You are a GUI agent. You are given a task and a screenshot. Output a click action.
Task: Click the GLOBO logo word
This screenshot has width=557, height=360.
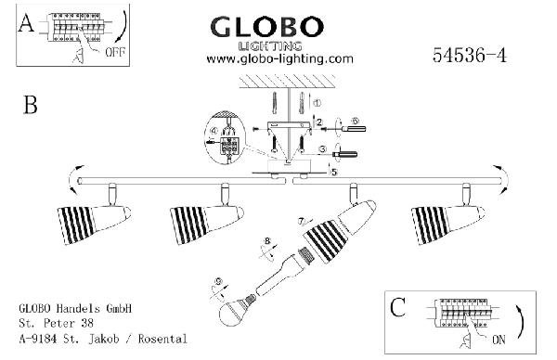point(267,27)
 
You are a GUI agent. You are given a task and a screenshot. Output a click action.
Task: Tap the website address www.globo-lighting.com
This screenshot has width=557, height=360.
point(280,58)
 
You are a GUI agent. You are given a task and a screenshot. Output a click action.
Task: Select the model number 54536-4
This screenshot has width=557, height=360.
point(470,56)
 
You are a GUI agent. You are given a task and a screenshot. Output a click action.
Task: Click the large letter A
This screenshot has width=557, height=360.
point(26,23)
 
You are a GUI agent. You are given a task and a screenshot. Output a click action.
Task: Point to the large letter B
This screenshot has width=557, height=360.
point(31,105)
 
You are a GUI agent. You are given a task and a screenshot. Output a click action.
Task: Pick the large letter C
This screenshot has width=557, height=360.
point(398,307)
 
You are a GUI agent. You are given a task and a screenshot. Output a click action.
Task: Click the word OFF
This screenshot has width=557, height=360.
point(115,52)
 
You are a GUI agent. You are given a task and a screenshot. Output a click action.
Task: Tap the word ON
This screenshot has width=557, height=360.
point(499,340)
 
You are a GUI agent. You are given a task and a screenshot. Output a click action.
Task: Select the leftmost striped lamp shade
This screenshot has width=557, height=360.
point(76,225)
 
